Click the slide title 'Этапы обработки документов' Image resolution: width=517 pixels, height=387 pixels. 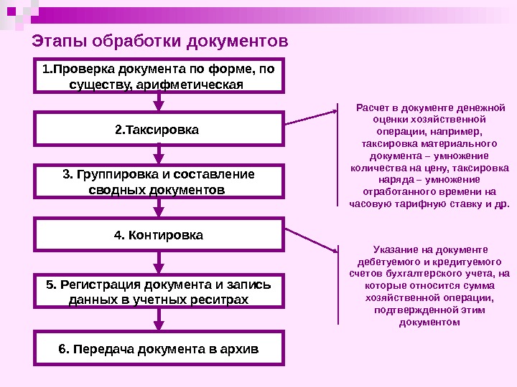[161, 40]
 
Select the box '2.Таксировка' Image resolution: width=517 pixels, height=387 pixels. [159, 130]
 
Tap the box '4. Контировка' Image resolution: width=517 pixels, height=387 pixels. [159, 235]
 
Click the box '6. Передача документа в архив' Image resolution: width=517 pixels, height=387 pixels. [159, 349]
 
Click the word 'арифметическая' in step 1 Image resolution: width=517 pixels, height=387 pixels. [203, 85]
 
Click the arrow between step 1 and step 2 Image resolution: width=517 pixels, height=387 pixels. [159, 102]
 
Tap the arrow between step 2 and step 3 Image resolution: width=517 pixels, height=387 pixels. [159, 156]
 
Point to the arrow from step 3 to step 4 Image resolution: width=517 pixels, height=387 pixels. [159, 209]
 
